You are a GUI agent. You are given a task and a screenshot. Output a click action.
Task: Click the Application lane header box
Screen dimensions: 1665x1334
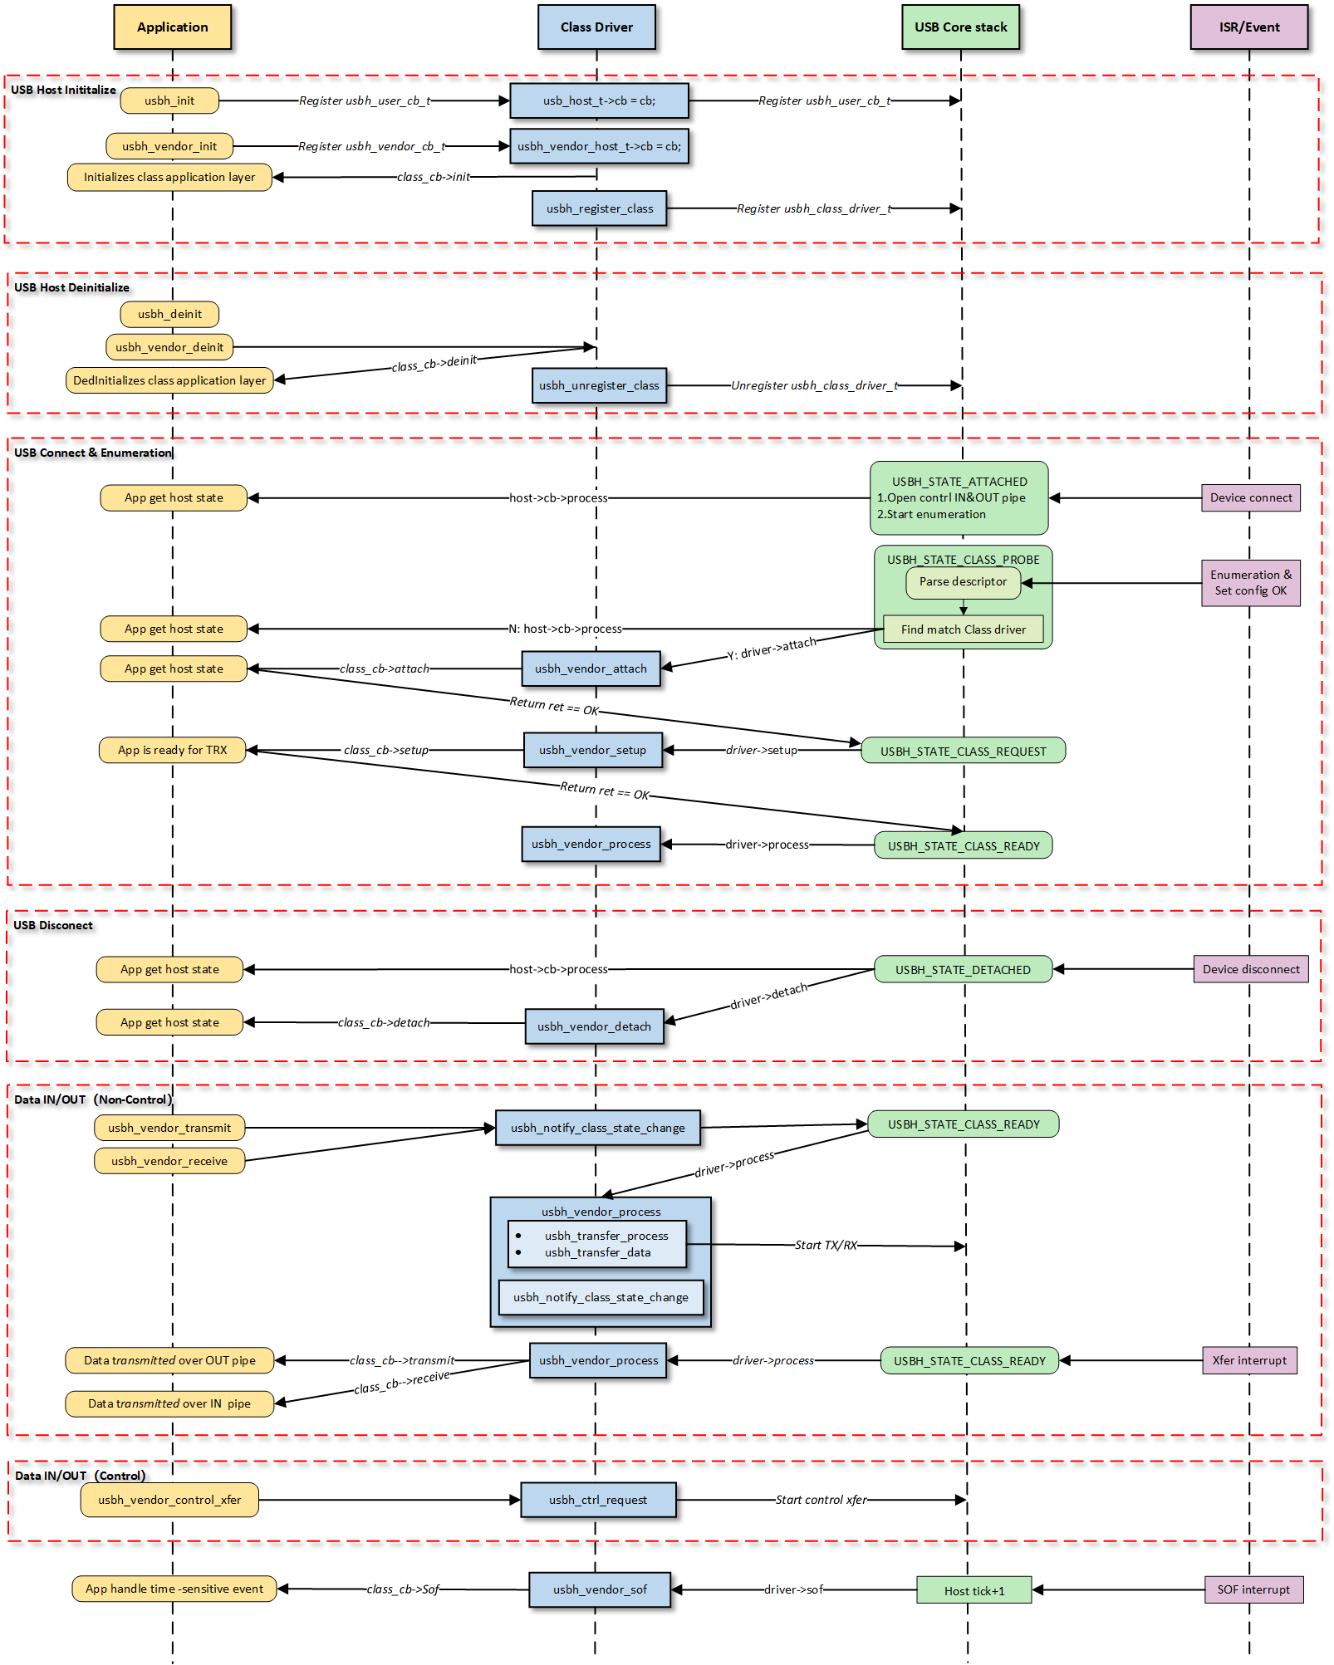coord(172,27)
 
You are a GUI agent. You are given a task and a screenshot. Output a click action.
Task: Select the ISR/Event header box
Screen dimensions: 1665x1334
coord(1248,27)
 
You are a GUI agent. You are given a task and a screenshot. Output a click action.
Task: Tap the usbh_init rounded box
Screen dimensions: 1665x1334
coord(169,100)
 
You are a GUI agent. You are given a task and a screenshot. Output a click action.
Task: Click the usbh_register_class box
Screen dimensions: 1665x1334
coord(599,208)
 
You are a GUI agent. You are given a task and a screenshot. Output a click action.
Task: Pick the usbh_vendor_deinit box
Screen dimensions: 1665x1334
coord(169,347)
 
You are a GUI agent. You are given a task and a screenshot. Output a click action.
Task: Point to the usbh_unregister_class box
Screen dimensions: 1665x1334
coord(599,385)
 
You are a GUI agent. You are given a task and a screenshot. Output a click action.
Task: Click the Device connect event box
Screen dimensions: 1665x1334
coord(1250,497)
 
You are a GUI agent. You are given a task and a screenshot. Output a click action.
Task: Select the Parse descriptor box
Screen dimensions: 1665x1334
coord(963,581)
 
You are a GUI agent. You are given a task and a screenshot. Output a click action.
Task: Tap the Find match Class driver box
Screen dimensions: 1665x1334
coord(963,629)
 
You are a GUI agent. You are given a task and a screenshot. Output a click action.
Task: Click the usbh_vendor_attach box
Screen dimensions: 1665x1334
coord(591,668)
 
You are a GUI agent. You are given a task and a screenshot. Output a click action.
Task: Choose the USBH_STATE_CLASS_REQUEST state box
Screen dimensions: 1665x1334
coord(963,751)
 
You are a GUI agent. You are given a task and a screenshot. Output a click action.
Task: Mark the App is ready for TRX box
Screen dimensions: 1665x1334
coord(172,750)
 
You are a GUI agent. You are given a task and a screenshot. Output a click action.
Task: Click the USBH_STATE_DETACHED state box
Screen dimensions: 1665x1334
coord(963,969)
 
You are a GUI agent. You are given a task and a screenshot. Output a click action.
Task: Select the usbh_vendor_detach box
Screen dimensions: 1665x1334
coord(594,1026)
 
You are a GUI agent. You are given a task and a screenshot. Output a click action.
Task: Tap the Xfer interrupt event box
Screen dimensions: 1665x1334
coord(1248,1360)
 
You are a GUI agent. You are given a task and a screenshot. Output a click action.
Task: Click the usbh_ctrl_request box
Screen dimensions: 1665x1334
coord(597,1500)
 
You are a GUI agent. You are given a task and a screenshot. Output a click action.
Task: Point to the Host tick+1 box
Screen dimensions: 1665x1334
coord(974,1590)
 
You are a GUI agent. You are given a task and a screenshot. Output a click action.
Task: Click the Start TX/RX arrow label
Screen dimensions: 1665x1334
coord(826,1245)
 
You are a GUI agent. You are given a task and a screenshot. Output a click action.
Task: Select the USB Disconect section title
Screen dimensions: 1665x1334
coord(53,925)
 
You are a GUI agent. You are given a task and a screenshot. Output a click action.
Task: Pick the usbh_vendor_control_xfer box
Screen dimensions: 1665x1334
coord(169,1500)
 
